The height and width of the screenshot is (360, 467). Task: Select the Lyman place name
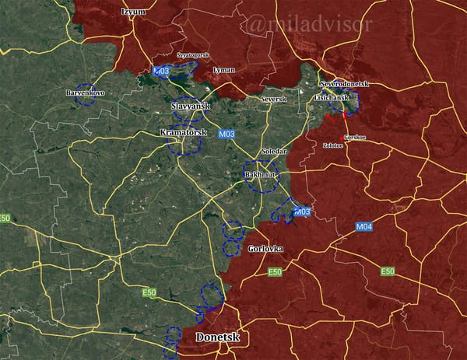pyautogui.click(x=223, y=69)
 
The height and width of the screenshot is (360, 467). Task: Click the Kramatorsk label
pyautogui.click(x=182, y=133)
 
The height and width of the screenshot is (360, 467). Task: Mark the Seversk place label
pyautogui.click(x=273, y=99)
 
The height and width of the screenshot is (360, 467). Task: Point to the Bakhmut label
pyautogui.click(x=261, y=176)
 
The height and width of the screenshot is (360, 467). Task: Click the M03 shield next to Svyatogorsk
pyautogui.click(x=162, y=72)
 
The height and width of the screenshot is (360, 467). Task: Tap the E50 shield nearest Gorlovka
pyautogui.click(x=275, y=272)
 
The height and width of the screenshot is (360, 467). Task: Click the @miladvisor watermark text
pyautogui.click(x=307, y=26)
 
